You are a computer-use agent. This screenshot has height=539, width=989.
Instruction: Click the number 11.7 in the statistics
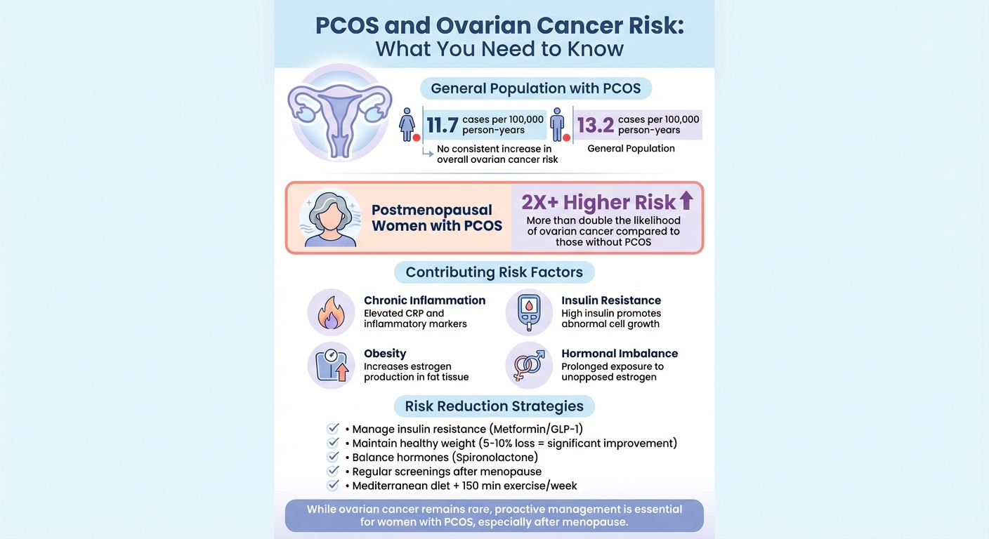(x=442, y=126)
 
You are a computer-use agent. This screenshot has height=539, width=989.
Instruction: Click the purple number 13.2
(x=596, y=126)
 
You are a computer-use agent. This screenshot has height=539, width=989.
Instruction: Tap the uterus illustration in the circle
(x=340, y=113)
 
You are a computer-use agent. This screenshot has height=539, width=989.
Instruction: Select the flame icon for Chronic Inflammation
(x=331, y=312)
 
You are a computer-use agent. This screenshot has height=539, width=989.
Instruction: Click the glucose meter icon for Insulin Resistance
(x=528, y=312)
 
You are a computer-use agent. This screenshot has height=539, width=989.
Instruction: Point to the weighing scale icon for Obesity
(x=331, y=366)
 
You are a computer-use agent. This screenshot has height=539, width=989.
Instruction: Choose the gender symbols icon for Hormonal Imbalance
(x=528, y=366)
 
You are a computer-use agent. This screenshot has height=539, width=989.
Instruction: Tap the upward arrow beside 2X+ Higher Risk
(x=686, y=201)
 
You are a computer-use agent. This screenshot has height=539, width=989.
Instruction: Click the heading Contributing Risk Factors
(x=494, y=272)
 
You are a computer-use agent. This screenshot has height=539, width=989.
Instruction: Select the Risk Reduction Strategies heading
(x=494, y=406)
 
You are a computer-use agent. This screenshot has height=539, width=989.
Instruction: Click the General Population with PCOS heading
(x=535, y=88)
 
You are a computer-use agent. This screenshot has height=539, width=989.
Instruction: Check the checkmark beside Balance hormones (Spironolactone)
(x=334, y=458)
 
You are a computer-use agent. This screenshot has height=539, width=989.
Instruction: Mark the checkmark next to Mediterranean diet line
(x=334, y=486)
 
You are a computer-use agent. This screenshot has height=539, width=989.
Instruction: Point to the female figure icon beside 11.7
(x=407, y=125)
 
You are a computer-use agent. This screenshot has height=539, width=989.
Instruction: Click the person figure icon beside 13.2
(x=558, y=125)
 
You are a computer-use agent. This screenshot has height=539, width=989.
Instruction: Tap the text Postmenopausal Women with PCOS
(x=437, y=218)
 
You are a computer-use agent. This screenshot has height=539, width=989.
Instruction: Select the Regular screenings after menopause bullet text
(x=447, y=472)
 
